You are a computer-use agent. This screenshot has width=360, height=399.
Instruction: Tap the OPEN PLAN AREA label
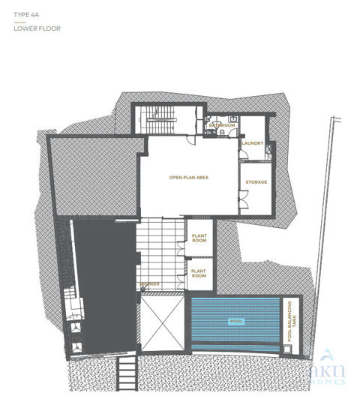point(188,178)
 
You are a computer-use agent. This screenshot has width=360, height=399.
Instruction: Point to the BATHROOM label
point(222,125)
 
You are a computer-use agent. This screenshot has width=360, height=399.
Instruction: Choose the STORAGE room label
point(256,182)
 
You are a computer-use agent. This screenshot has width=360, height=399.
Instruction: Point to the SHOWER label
point(148,284)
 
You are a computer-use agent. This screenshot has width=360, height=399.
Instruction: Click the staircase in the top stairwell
point(159,120)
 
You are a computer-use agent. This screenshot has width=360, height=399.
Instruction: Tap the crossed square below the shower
point(160,324)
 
